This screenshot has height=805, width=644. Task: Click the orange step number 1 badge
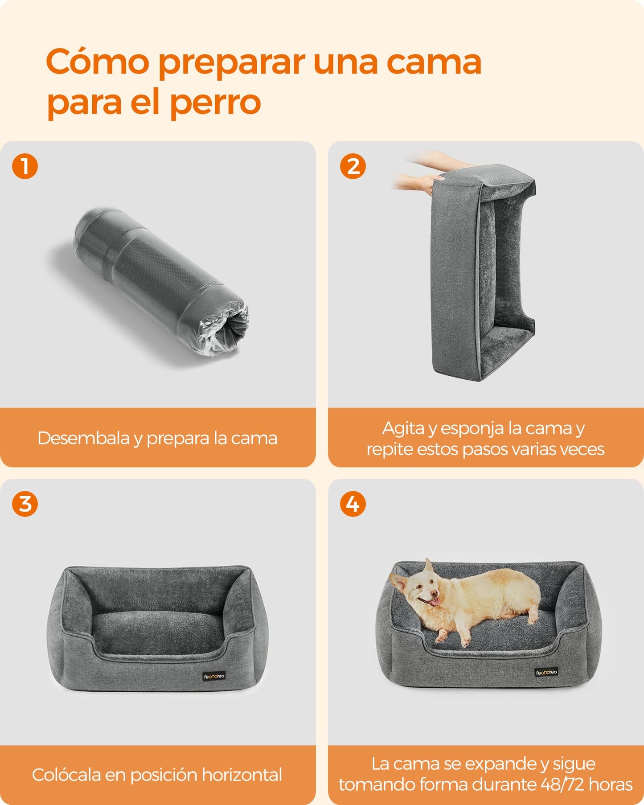click(25, 166)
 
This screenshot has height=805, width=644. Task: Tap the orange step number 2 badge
click(353, 166)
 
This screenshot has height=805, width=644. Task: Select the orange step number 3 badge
click(25, 504)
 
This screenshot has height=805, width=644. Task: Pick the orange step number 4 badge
click(353, 504)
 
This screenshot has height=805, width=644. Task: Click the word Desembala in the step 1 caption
click(84, 438)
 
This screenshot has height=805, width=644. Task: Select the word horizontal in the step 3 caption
click(242, 775)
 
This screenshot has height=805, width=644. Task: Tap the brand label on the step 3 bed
click(214, 676)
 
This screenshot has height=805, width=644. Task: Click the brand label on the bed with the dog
click(546, 672)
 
